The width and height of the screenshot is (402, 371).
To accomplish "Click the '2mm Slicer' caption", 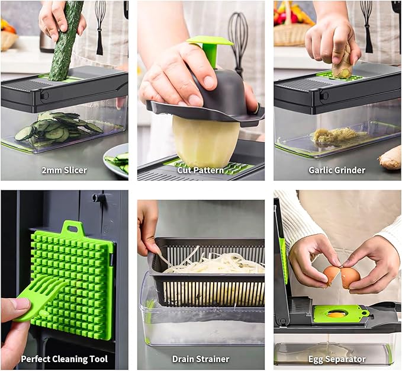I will pyautogui.click(x=64, y=170).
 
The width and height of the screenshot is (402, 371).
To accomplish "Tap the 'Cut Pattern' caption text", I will pyautogui.click(x=201, y=170).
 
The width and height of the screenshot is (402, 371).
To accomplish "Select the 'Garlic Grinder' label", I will pyautogui.click(x=336, y=170).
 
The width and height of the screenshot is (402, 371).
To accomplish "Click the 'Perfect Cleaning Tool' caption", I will pyautogui.click(x=64, y=359).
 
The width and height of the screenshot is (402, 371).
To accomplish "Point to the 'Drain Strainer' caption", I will pyautogui.click(x=201, y=359).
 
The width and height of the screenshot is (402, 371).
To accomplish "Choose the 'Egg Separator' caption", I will pyautogui.click(x=336, y=359).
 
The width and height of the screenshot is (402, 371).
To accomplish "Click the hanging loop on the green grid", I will pyautogui.click(x=72, y=228).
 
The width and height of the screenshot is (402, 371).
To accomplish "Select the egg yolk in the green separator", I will pyautogui.click(x=336, y=314).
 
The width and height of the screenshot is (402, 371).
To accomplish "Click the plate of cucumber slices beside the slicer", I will pyautogui.click(x=117, y=159).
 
